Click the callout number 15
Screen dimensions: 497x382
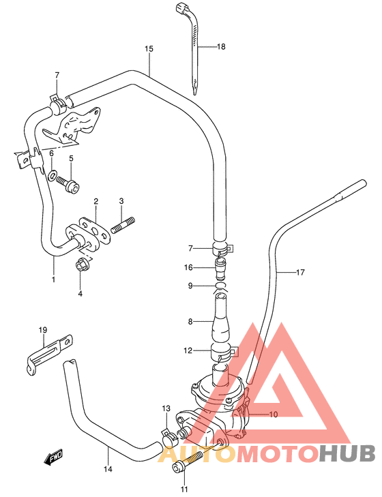(x=149, y=48)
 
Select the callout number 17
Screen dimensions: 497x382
(x=300, y=273)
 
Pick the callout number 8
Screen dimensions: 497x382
(x=190, y=321)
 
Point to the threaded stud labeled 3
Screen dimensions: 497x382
(x=123, y=224)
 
